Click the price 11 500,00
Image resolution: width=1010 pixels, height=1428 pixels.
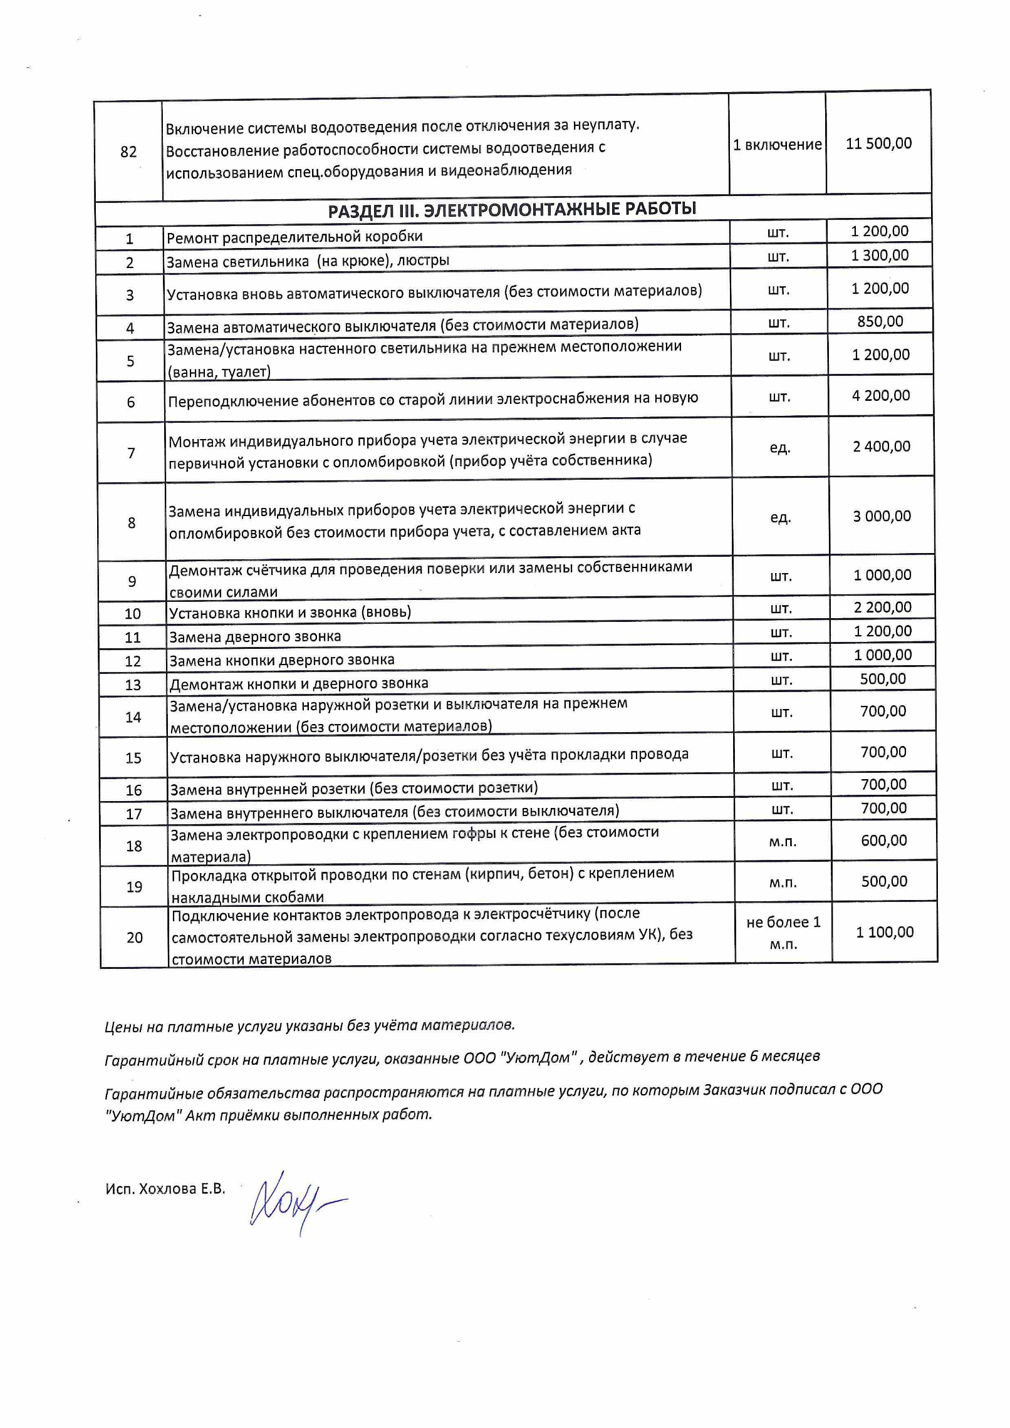coord(878,143)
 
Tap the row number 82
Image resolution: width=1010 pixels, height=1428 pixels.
coord(128,152)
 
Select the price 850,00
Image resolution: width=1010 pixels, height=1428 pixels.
coord(880,321)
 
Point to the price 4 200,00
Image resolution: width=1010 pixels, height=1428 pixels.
coord(881,395)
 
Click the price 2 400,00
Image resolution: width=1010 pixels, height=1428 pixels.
coord(882,447)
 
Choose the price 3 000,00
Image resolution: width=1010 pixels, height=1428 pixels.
coord(882,516)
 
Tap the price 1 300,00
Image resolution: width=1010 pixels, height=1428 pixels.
coord(880,255)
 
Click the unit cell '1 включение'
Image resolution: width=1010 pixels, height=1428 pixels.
coord(778,145)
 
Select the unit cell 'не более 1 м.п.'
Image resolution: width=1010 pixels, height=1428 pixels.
coord(783,933)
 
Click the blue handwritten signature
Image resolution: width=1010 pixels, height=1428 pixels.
coord(294,1203)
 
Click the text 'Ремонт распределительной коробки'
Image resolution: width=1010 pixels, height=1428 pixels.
coord(294,237)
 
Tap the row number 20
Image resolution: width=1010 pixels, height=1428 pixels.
coord(135,938)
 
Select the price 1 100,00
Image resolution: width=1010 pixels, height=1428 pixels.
coord(885,932)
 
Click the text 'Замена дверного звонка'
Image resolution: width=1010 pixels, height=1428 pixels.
coord(256,637)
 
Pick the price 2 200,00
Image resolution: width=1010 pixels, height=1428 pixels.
coord(882,607)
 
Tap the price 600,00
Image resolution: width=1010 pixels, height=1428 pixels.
coord(884,841)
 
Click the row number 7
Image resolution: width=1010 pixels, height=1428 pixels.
coord(132,453)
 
